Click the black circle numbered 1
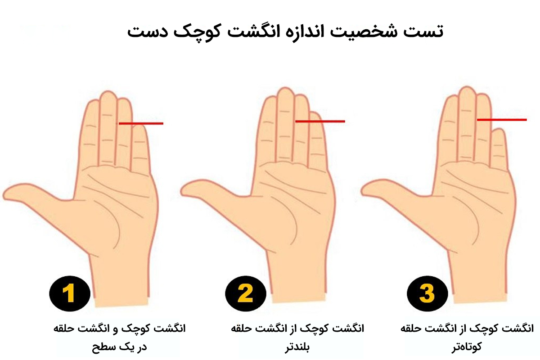coord(70,293)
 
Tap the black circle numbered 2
coord(246,293)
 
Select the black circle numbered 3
coord(427,293)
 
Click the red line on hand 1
coord(141,123)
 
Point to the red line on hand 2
coord(320,121)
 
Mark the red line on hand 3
coord(502,120)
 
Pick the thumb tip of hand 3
coord(364,190)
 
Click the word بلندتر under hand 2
coord(297,347)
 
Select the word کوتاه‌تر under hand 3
coord(467,347)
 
